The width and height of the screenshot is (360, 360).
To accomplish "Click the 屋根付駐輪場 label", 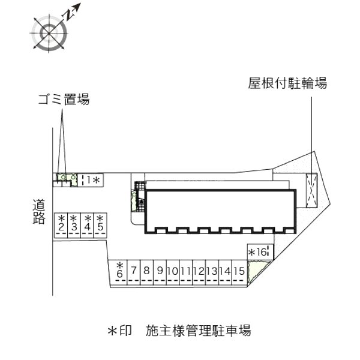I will point(288,83).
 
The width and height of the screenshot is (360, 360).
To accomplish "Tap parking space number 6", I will point(119,271).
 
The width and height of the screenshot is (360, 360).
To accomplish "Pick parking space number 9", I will point(160,271).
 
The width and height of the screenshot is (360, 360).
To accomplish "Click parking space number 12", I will point(199,271).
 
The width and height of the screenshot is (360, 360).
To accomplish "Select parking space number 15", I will point(239,271).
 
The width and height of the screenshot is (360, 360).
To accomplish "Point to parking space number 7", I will point(134,271).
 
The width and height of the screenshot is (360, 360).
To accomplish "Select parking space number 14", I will point(226,271).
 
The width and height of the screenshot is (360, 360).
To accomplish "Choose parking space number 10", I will point(173,271).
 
